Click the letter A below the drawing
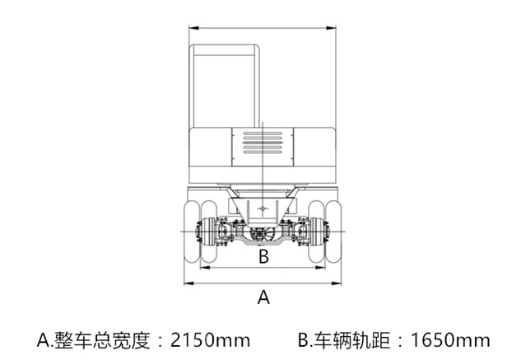pyautogui.click(x=263, y=297)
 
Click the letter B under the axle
pyautogui.click(x=264, y=256)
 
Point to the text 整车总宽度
pyautogui.click(x=102, y=340)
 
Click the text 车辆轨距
pyautogui.click(x=352, y=340)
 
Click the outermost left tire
pyautogui.click(x=192, y=231)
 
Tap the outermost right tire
pyautogui.click(x=333, y=231)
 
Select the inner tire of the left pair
pyautogui.click(x=208, y=231)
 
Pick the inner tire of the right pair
pyautogui.click(x=316, y=231)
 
